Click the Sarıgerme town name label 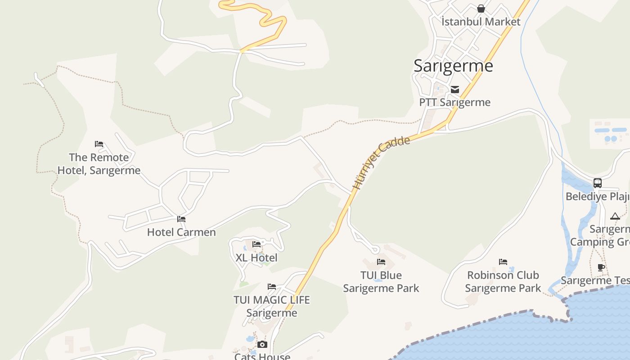[453, 66]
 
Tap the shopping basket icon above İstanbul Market [481, 9]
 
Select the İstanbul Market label [481, 22]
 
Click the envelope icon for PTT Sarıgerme [455, 89]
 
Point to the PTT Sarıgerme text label [454, 102]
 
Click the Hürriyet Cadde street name [381, 162]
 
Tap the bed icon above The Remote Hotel [99, 144]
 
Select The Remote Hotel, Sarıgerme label [99, 164]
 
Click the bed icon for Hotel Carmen [181, 219]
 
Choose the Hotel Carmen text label [181, 232]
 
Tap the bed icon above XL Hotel [256, 244]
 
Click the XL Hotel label [256, 258]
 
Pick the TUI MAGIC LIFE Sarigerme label [271, 306]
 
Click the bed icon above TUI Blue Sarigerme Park [381, 261]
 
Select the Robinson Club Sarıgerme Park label [503, 281]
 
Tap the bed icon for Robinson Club [503, 261]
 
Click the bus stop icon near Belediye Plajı [598, 183]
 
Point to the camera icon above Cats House [262, 344]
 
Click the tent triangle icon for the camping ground [615, 216]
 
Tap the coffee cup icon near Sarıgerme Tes [601, 267]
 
